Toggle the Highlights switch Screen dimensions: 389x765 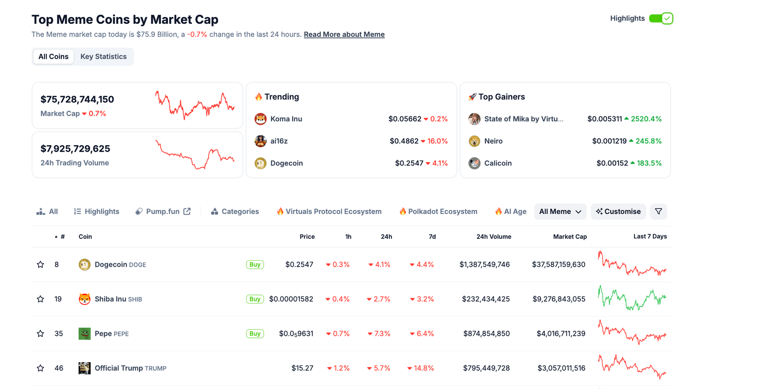661,18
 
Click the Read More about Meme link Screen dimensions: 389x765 344,34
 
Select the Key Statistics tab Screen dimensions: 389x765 104,57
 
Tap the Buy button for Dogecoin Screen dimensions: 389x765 255,265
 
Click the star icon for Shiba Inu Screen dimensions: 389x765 40,299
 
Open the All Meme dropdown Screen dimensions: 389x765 560,211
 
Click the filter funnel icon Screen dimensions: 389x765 658,211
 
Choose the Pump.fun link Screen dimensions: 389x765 163,211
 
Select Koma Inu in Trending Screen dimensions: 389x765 286,119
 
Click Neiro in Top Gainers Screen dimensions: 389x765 493,141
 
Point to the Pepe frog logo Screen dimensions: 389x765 85,334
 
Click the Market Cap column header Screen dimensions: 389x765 570,237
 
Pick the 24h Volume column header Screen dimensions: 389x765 494,237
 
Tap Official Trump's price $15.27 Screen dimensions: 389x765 302,368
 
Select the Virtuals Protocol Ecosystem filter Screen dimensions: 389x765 329,211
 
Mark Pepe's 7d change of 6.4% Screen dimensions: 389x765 422,334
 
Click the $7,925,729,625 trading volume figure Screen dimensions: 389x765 75,149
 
